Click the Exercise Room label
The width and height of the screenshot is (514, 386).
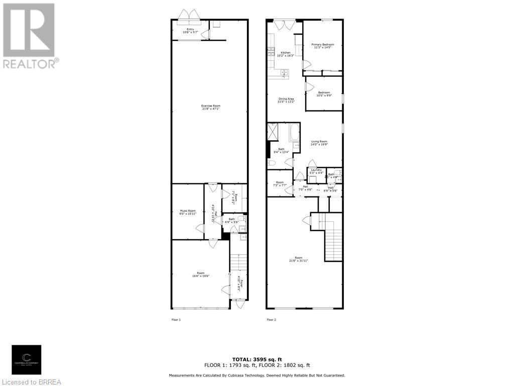point(210,107)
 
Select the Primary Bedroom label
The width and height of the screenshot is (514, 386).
point(322,46)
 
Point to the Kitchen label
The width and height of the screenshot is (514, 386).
point(285,54)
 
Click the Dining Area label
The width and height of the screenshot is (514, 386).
point(286,100)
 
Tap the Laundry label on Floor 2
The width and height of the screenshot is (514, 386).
point(316,171)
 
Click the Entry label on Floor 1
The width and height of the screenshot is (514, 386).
point(190,31)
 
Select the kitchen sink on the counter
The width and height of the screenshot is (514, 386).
point(284,73)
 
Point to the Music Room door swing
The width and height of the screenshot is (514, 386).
point(200,229)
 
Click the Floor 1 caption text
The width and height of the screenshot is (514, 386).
point(176,320)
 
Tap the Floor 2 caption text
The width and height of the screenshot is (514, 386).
point(271,320)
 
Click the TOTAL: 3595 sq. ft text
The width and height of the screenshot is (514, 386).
point(256,359)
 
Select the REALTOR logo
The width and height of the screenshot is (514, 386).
point(29,36)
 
